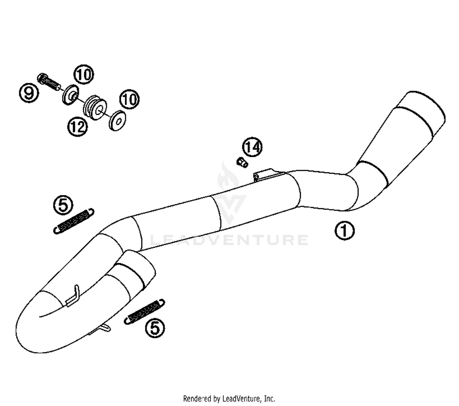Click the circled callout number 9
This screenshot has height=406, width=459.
click(29, 93)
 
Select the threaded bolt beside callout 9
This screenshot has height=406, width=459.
click(49, 81)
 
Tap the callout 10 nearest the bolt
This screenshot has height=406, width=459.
click(84, 74)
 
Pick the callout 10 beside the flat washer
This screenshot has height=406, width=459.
click(129, 99)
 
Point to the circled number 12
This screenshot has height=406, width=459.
click(77, 126)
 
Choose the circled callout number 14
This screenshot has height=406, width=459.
click(252, 147)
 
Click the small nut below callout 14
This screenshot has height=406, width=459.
click(242, 162)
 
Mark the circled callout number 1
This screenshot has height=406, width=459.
click(345, 230)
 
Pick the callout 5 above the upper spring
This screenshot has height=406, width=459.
click(63, 205)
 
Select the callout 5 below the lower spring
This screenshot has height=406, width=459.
click(155, 328)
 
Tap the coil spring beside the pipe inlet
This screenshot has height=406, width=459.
click(144, 311)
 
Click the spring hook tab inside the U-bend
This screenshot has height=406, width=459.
click(73, 296)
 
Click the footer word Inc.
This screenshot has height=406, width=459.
click(269, 399)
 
